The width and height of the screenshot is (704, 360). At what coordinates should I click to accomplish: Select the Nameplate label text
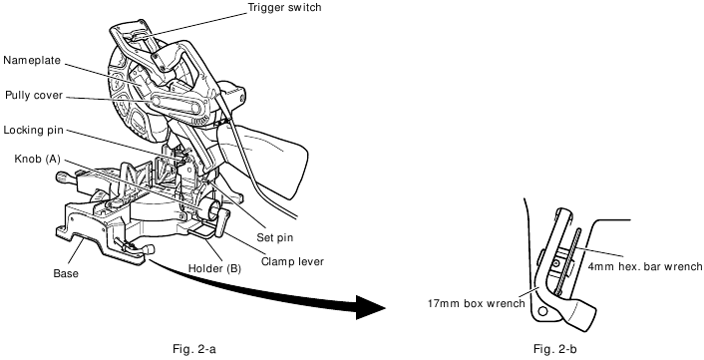tap(34, 60)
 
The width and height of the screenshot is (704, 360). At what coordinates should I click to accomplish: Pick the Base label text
tap(65, 272)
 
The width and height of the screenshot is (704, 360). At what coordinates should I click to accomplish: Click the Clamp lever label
tap(293, 262)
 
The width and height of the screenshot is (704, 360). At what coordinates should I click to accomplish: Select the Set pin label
tap(275, 237)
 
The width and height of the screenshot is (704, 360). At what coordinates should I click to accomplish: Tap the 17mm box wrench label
tap(477, 304)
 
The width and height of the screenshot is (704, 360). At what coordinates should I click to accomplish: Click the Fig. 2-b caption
tap(554, 349)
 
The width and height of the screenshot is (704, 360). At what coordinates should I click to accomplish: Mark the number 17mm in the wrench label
tap(443, 304)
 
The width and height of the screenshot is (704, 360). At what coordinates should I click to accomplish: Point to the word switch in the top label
tap(311, 8)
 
